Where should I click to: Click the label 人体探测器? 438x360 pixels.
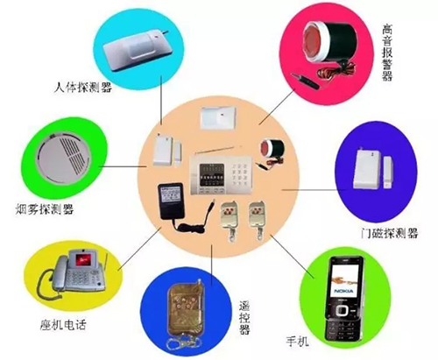(83, 87)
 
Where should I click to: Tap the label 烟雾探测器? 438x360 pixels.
(45, 209)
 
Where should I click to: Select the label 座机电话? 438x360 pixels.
(63, 324)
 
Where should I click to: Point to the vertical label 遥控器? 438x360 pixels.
(244, 318)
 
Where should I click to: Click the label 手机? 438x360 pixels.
(297, 341)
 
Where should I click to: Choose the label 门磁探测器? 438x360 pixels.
(390, 233)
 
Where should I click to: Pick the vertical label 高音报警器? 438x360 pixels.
(387, 53)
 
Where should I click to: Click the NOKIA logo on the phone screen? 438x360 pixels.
(343, 291)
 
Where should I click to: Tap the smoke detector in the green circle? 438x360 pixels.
(65, 158)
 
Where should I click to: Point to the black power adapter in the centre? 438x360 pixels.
(171, 201)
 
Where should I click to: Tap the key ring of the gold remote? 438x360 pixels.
(181, 343)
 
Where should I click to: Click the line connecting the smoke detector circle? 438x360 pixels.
(123, 166)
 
